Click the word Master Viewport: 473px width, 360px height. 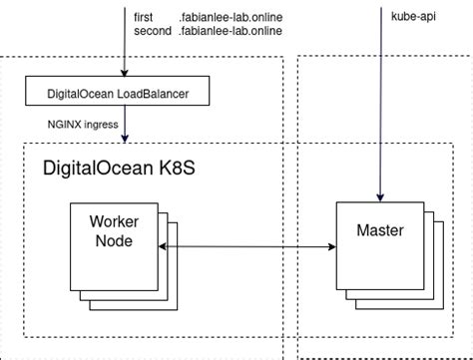[379, 230]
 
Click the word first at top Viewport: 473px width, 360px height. [143, 17]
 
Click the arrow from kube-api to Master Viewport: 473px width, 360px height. [379, 110]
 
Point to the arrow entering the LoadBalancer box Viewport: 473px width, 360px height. [124, 60]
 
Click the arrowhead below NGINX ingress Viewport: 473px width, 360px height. [124, 139]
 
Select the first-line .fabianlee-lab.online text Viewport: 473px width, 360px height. [231, 17]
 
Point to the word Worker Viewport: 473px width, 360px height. [113, 221]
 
